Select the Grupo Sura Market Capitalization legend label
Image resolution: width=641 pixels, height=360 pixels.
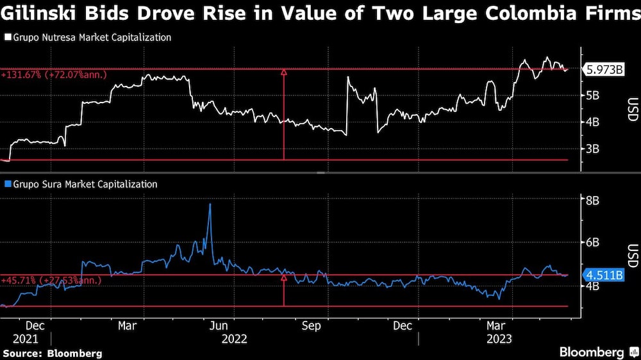(83, 184)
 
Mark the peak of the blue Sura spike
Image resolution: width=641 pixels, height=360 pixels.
(210, 204)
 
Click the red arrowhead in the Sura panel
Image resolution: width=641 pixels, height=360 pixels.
(283, 279)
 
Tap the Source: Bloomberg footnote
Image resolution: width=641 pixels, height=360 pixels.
(53, 353)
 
